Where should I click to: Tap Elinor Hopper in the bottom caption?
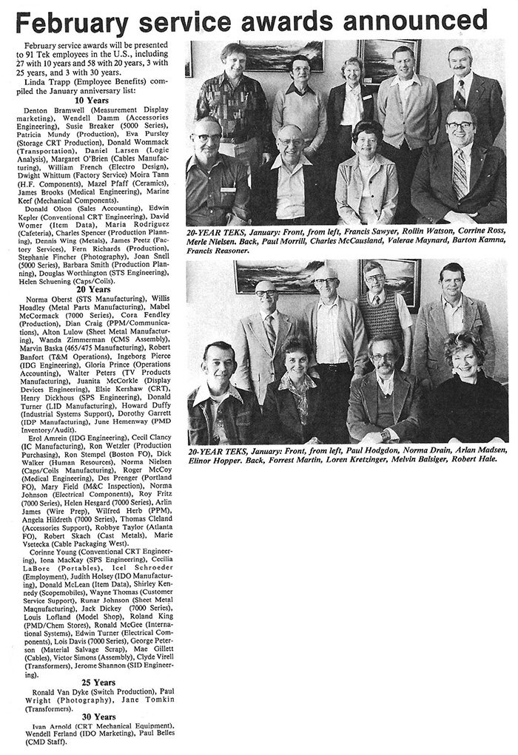point(215,458)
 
